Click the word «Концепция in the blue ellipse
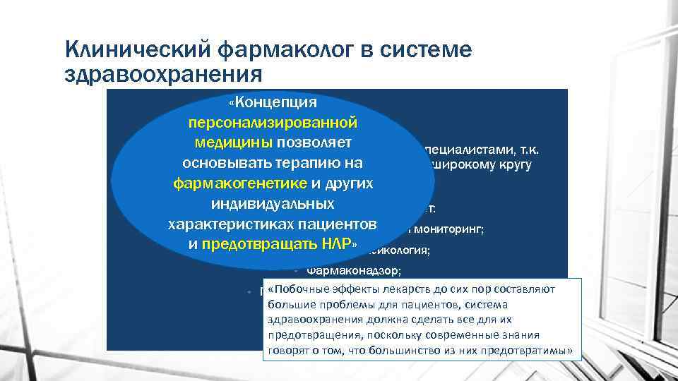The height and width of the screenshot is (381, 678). pos(272,102)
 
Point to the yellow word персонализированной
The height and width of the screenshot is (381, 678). pos(273,122)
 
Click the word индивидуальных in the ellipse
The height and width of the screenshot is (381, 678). pos(273,204)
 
